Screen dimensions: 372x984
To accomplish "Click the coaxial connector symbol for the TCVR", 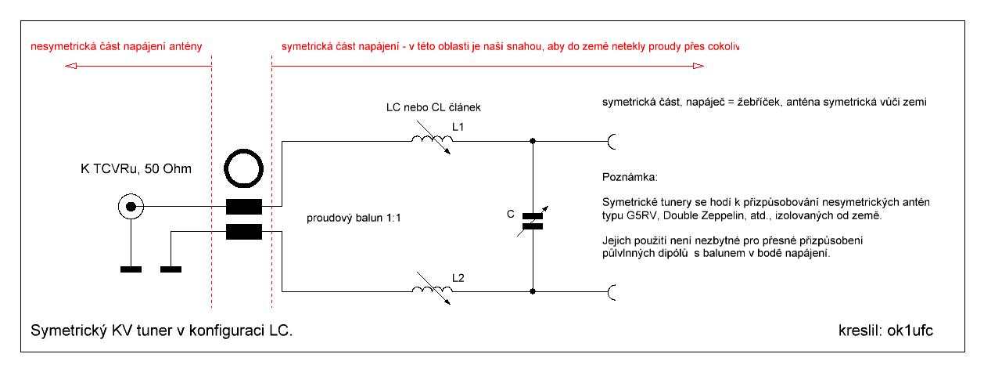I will tap(131, 208).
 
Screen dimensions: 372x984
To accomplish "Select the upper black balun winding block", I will tap(243, 208).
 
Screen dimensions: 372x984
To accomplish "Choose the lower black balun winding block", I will tap(243, 232).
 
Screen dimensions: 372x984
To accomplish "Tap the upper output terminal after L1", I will tap(612, 142).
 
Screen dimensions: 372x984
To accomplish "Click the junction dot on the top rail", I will tap(533, 142).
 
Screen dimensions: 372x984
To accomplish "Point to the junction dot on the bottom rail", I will tap(533, 291).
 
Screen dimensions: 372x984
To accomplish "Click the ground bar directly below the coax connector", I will tap(131, 270).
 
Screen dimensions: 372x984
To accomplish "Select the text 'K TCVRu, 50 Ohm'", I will tap(136, 168).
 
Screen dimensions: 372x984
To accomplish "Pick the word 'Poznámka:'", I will tap(630, 176).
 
